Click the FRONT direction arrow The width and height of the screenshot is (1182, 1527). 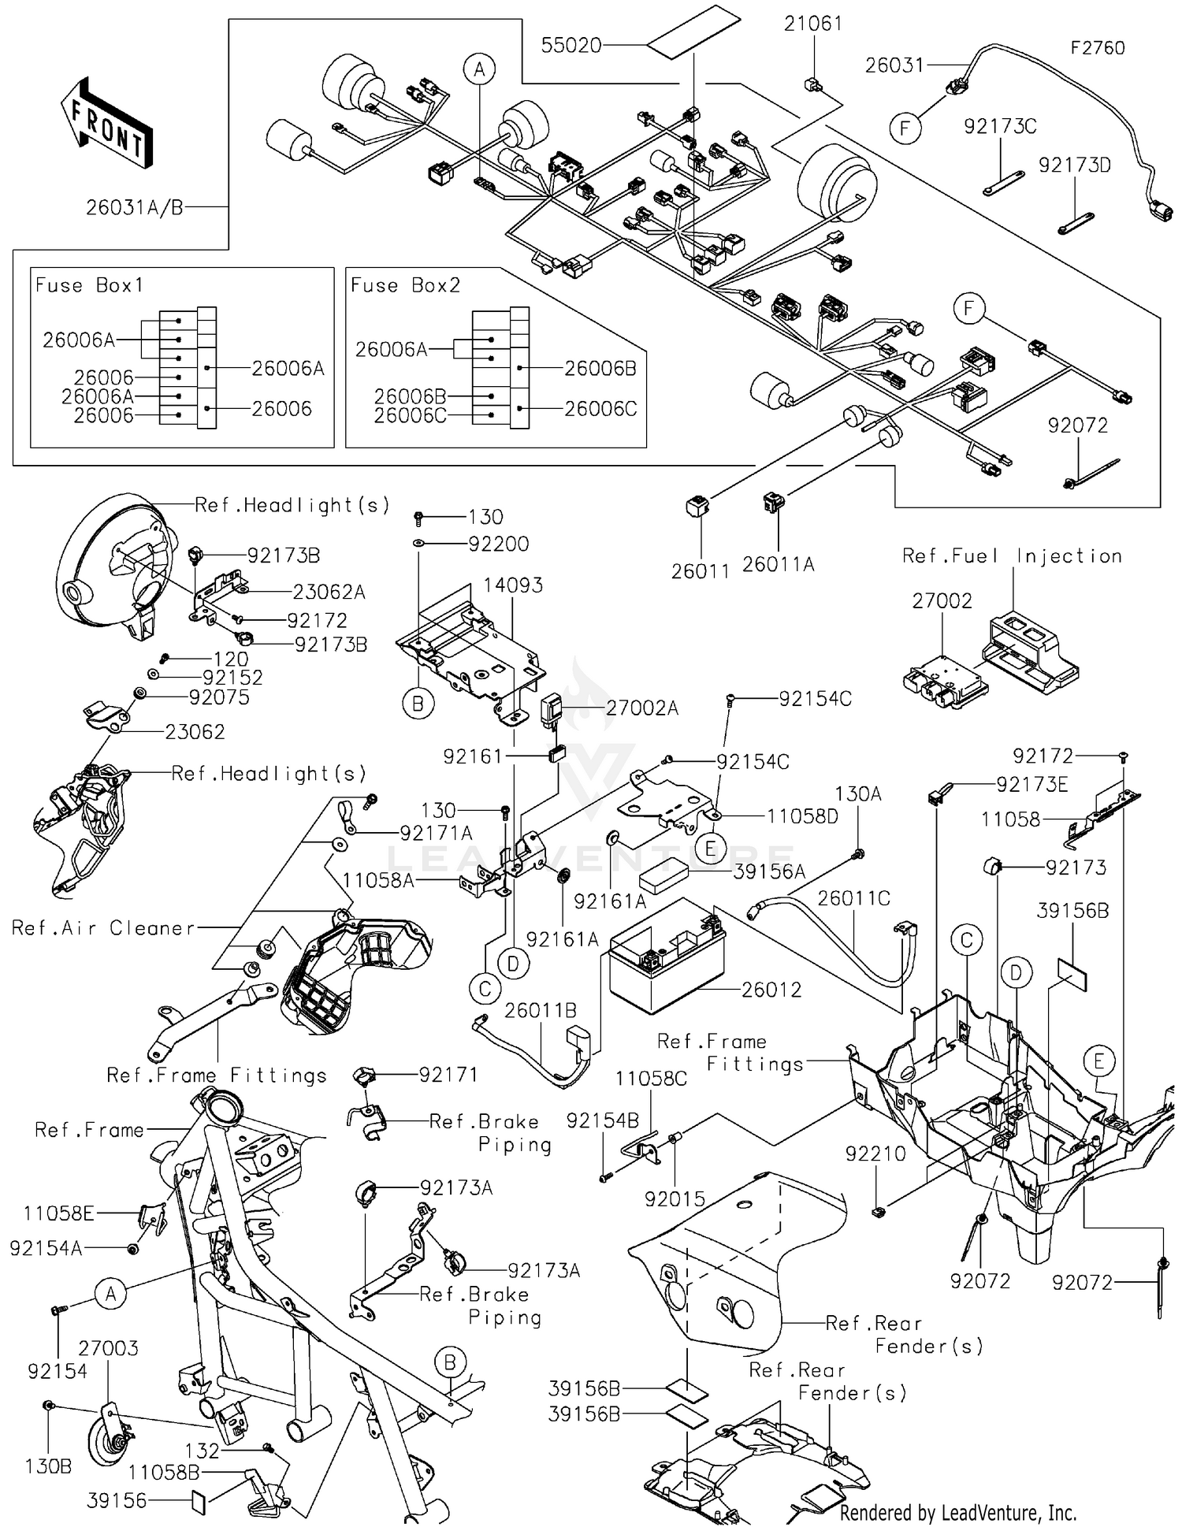[x=106, y=122]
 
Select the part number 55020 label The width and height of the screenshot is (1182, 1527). [x=571, y=46]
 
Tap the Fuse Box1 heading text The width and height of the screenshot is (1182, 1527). [x=89, y=285]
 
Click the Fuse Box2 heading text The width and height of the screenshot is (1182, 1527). [x=405, y=285]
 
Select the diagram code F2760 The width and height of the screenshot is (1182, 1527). [x=1097, y=48]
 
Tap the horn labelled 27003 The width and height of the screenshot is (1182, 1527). [x=115, y=1438]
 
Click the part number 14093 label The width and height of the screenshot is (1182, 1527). [x=512, y=585]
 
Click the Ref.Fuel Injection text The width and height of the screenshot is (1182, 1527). [x=1012, y=556]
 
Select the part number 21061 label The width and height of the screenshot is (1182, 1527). [x=812, y=24]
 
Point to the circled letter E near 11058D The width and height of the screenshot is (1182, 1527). [x=711, y=849]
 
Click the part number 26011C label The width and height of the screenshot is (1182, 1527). [x=853, y=898]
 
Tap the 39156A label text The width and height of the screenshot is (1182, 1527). [x=769, y=871]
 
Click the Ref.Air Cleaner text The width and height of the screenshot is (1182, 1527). [x=103, y=928]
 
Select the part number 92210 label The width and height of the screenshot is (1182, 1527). [x=875, y=1154]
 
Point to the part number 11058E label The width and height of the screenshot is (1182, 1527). [x=58, y=1213]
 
